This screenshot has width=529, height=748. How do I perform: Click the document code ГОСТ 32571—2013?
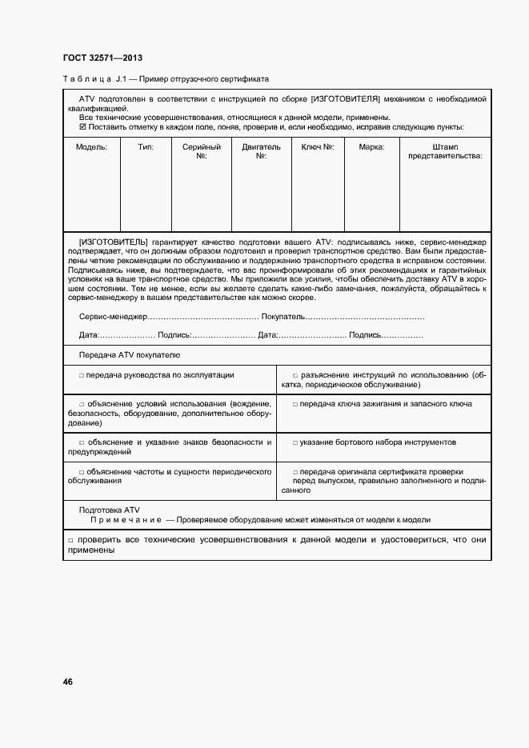tap(97, 58)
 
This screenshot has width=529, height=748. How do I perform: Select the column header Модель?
tap(91, 147)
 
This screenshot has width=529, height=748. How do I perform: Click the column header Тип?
tap(146, 147)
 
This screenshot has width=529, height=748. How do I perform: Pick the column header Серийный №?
tap(202, 151)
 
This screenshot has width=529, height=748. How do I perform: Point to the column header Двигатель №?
tap(261, 151)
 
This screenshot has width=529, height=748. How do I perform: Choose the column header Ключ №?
tap(318, 147)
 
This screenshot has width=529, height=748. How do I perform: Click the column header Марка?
tap(371, 147)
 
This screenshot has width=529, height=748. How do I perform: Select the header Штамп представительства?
tap(445, 151)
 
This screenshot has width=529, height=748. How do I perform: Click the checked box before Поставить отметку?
tap(82, 126)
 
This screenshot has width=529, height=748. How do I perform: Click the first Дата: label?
tap(89, 335)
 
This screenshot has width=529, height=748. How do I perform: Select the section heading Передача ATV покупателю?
tap(129, 354)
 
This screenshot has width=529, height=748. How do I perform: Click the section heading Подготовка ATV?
tap(110, 509)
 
